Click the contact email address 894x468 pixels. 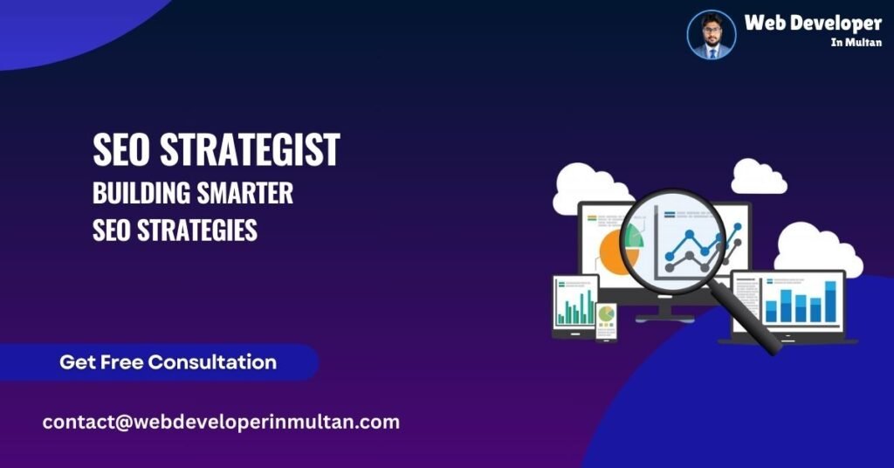221,422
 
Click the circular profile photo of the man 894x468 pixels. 712,35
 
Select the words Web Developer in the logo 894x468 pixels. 812,24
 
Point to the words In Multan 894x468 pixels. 855,43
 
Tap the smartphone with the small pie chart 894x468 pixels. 606,320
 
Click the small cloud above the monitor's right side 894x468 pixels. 758,176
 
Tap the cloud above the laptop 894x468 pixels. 816,248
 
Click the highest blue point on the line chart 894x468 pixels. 737,228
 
